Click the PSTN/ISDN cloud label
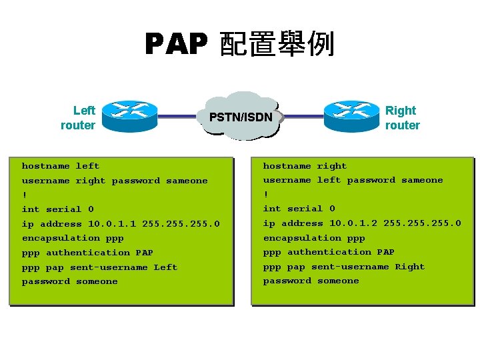pyautogui.click(x=241, y=117)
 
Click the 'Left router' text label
pyautogui.click(x=78, y=118)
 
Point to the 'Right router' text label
pyautogui.click(x=402, y=118)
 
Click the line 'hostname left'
pyautogui.click(x=61, y=166)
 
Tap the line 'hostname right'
pyautogui.click(x=305, y=166)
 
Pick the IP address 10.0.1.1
pyautogui.click(x=111, y=224)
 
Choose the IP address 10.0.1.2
pyautogui.click(x=353, y=223)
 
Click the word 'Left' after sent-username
pyautogui.click(x=165, y=267)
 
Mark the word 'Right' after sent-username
pyautogui.click(x=409, y=267)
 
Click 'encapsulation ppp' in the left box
pyautogui.click(x=73, y=238)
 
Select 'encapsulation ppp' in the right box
pyautogui.click(x=314, y=238)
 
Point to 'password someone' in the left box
pyautogui.click(x=69, y=281)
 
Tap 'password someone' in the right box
pyautogui.click(x=311, y=281)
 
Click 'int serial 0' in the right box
pyautogui.click(x=299, y=209)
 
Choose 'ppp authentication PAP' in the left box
pyautogui.click(x=87, y=253)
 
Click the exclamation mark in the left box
pyautogui.click(x=24, y=195)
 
